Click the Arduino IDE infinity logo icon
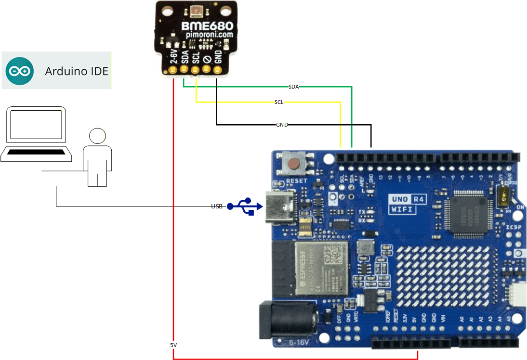(20, 71)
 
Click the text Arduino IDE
(77, 71)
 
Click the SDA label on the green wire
(293, 87)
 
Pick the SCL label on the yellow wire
(279, 103)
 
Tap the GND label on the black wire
(282, 125)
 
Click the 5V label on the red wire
(173, 346)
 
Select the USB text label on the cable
(217, 206)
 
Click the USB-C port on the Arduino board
(282, 207)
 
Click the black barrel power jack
(289, 320)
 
